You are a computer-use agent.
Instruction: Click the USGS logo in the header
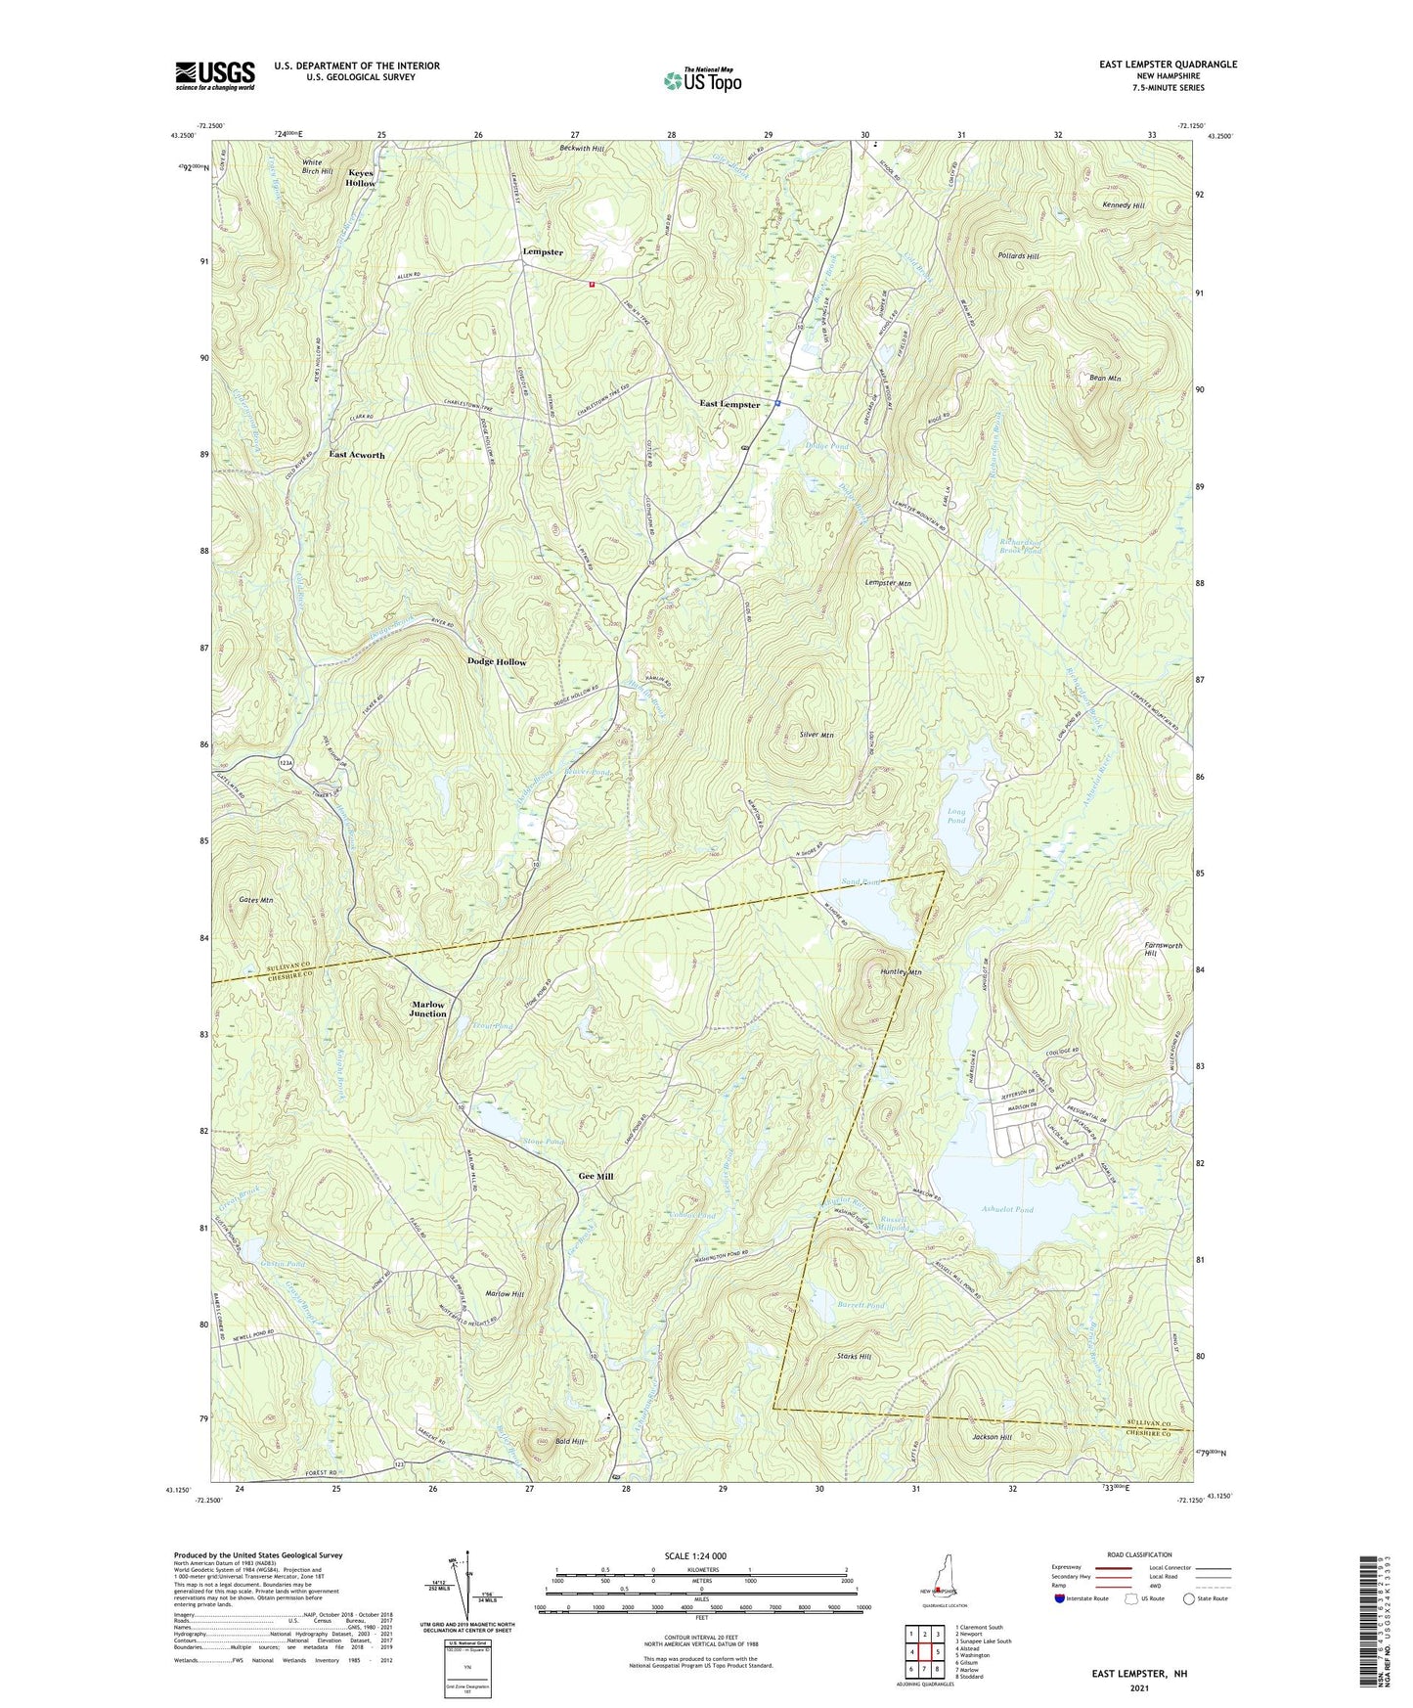215,75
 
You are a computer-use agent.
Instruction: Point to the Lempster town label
543,252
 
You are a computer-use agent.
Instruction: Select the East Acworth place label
357,455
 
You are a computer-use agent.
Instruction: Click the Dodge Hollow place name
497,662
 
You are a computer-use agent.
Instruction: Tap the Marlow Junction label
428,1010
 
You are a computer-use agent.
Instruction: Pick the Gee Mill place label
596,1176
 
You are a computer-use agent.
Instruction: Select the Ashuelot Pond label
1006,1210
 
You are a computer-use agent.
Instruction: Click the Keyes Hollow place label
360,178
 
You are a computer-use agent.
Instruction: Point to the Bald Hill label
569,1442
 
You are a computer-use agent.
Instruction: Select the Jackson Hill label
992,1438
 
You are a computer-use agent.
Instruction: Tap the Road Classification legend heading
1138,1554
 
